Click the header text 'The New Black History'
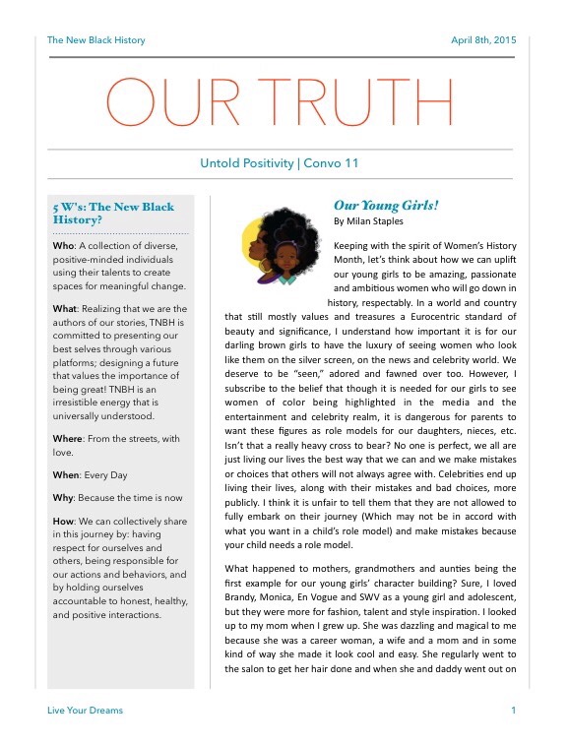[x=96, y=40]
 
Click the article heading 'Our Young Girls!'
[x=386, y=206]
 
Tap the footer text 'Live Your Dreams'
[x=86, y=710]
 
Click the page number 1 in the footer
[x=513, y=710]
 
